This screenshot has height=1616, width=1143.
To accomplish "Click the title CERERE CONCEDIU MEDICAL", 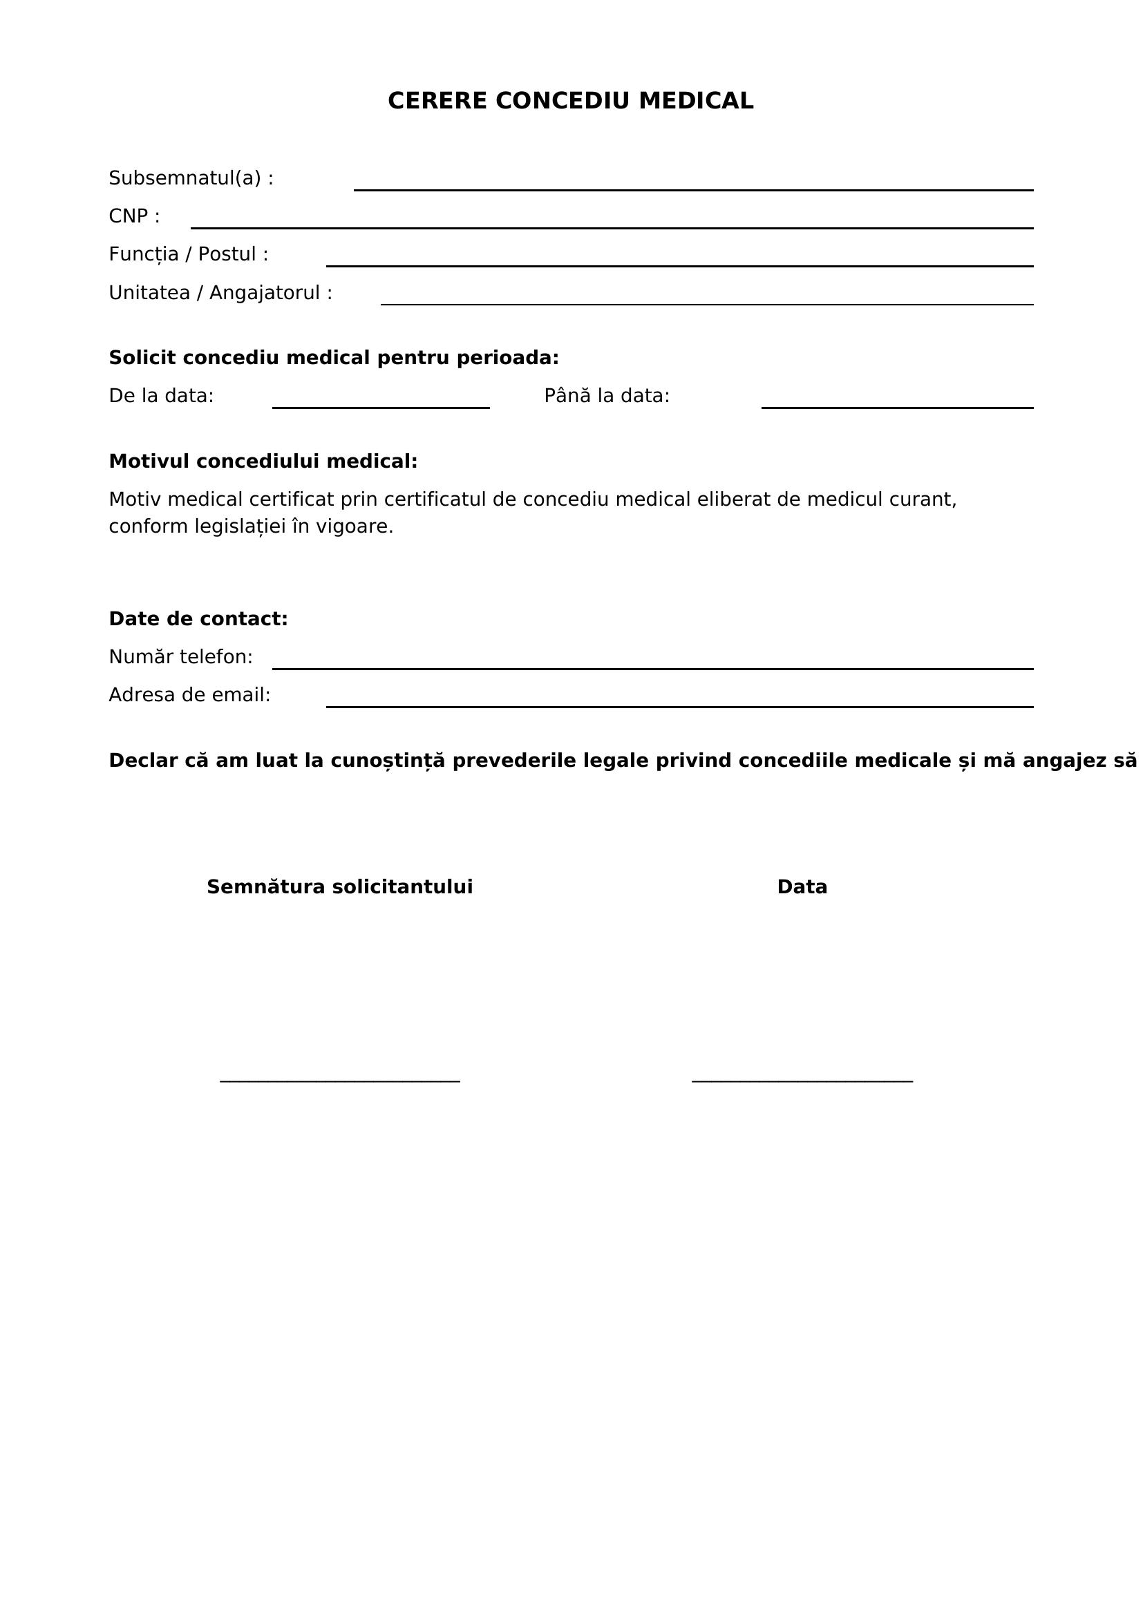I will pos(570,101).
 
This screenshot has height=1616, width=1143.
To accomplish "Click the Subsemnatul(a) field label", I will pos(191,178).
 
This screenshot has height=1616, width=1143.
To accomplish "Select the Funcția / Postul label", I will pos(188,254).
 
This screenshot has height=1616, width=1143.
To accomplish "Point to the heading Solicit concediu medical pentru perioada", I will pos(334,358).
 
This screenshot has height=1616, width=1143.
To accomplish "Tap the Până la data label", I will pos(606,396).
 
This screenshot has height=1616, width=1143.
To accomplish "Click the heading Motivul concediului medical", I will pos(263,461).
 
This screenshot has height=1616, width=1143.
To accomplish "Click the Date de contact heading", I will pos(198,618).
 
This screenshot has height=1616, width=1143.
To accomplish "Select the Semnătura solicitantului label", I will pos(339,887).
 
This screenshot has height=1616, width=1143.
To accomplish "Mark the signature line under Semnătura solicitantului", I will pos(339,1080).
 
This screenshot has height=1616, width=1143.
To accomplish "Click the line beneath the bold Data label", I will pos(802,1080).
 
